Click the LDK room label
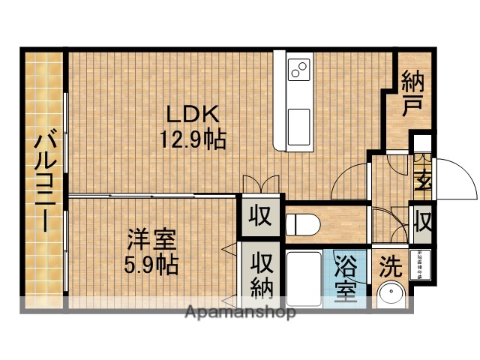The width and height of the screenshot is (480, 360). point(192,115)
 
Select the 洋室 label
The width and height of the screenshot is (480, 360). point(151,241)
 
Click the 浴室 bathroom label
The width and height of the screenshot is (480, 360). point(346,278)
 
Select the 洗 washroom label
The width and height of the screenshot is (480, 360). point(389,265)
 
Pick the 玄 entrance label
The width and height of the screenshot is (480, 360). point(422,181)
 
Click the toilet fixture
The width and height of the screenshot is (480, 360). point(303,223)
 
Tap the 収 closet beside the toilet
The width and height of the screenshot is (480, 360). point(259,217)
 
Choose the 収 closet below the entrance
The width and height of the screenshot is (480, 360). point(422,223)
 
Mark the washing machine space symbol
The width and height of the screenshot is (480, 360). point(421,263)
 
